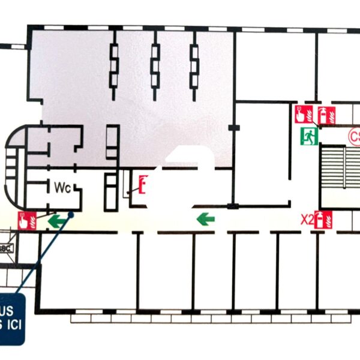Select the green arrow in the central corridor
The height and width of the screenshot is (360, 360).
[206, 218]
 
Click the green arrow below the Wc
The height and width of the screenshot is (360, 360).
[57, 221]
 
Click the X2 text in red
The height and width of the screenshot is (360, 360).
[307, 220]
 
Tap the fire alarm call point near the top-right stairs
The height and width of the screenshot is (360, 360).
[302, 113]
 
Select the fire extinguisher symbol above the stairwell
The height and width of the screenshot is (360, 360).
[325, 114]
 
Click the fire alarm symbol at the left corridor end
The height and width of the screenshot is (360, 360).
[27, 221]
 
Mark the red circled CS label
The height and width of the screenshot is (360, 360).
[353, 137]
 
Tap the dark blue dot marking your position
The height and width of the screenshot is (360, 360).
[71, 214]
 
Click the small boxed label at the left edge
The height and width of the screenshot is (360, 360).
[7, 248]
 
